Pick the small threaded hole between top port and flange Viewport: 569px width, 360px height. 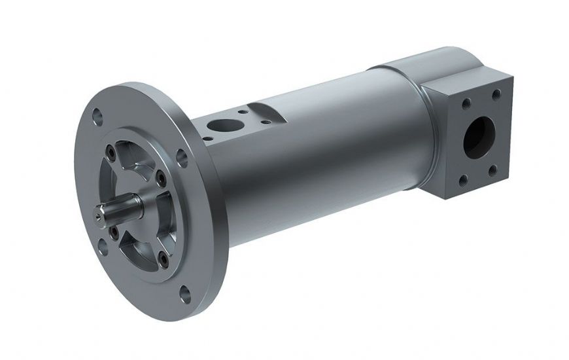[x=207, y=138]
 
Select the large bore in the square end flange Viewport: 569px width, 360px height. [x=480, y=135]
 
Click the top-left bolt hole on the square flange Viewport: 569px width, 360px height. [x=467, y=102]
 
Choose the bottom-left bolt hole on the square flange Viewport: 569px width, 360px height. [x=464, y=177]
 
